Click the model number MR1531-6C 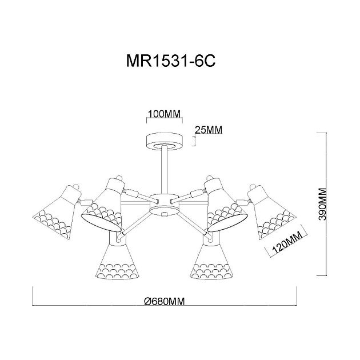tap(170, 62)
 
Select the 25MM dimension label tap(208, 130)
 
